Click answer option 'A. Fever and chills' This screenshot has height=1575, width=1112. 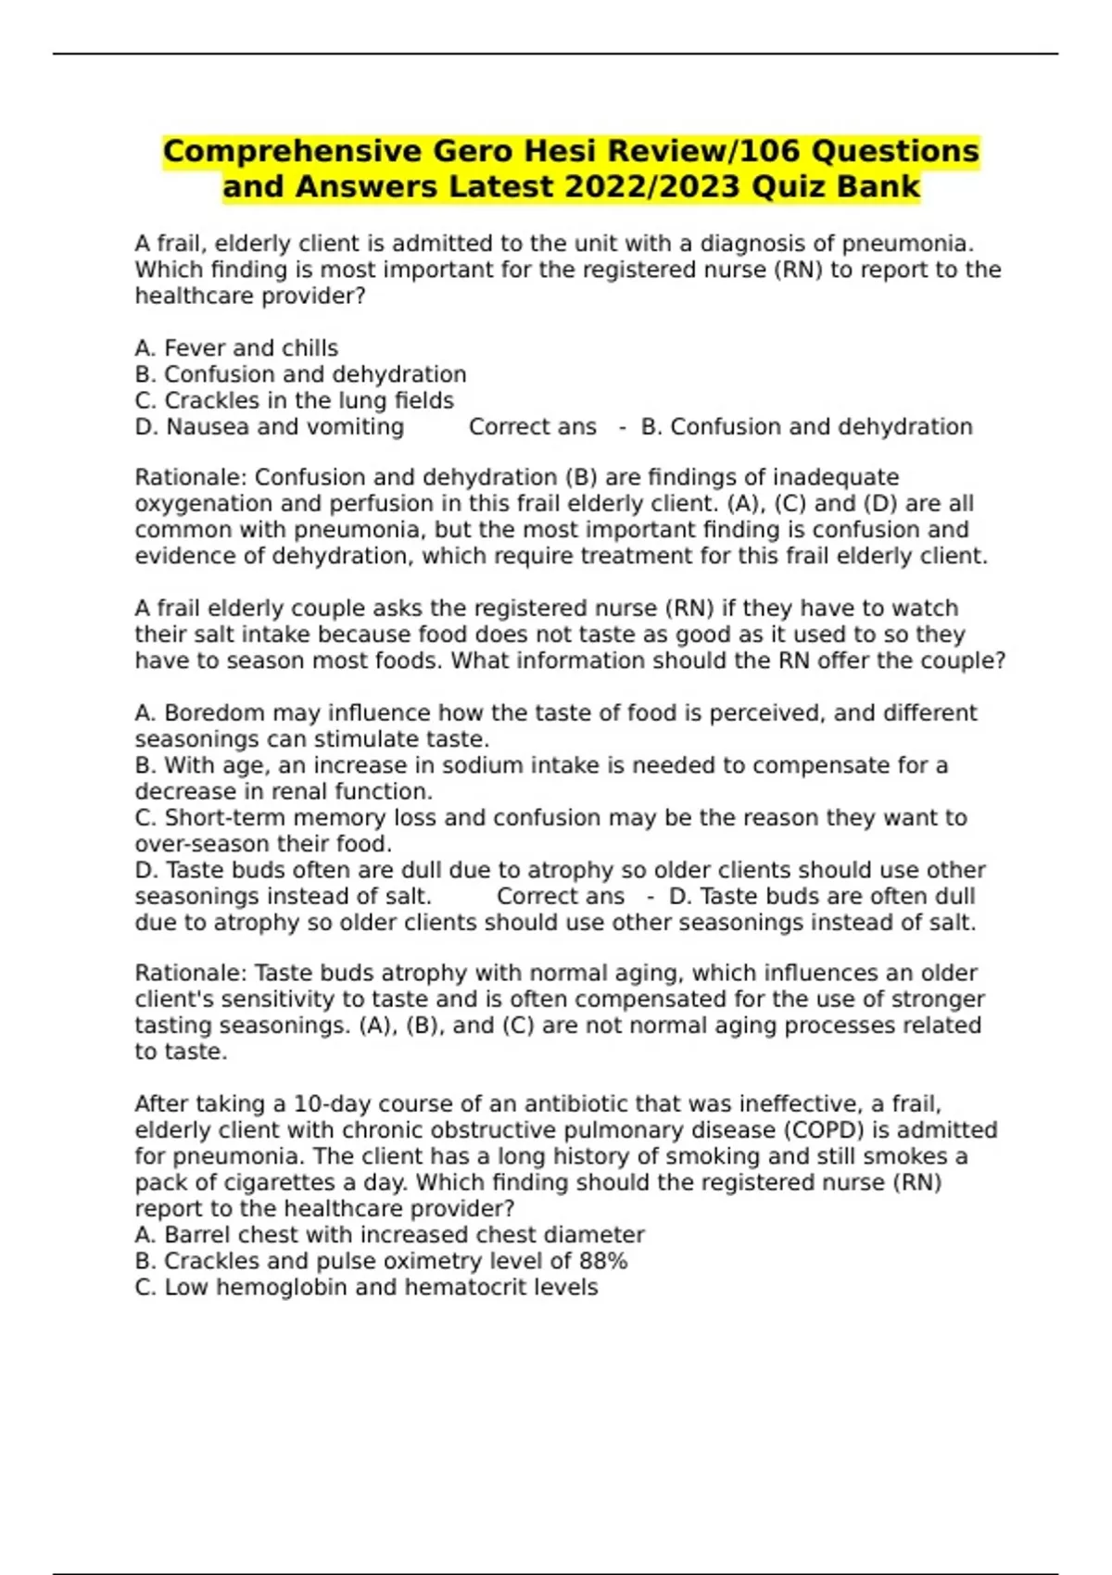(x=236, y=348)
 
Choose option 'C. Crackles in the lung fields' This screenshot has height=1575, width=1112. (x=294, y=401)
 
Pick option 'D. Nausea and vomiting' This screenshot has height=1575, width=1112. (x=269, y=427)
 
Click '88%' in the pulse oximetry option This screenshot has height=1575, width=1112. (x=603, y=1261)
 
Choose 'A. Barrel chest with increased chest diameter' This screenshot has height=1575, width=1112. (x=389, y=1235)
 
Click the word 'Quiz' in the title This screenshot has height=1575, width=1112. (x=790, y=187)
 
